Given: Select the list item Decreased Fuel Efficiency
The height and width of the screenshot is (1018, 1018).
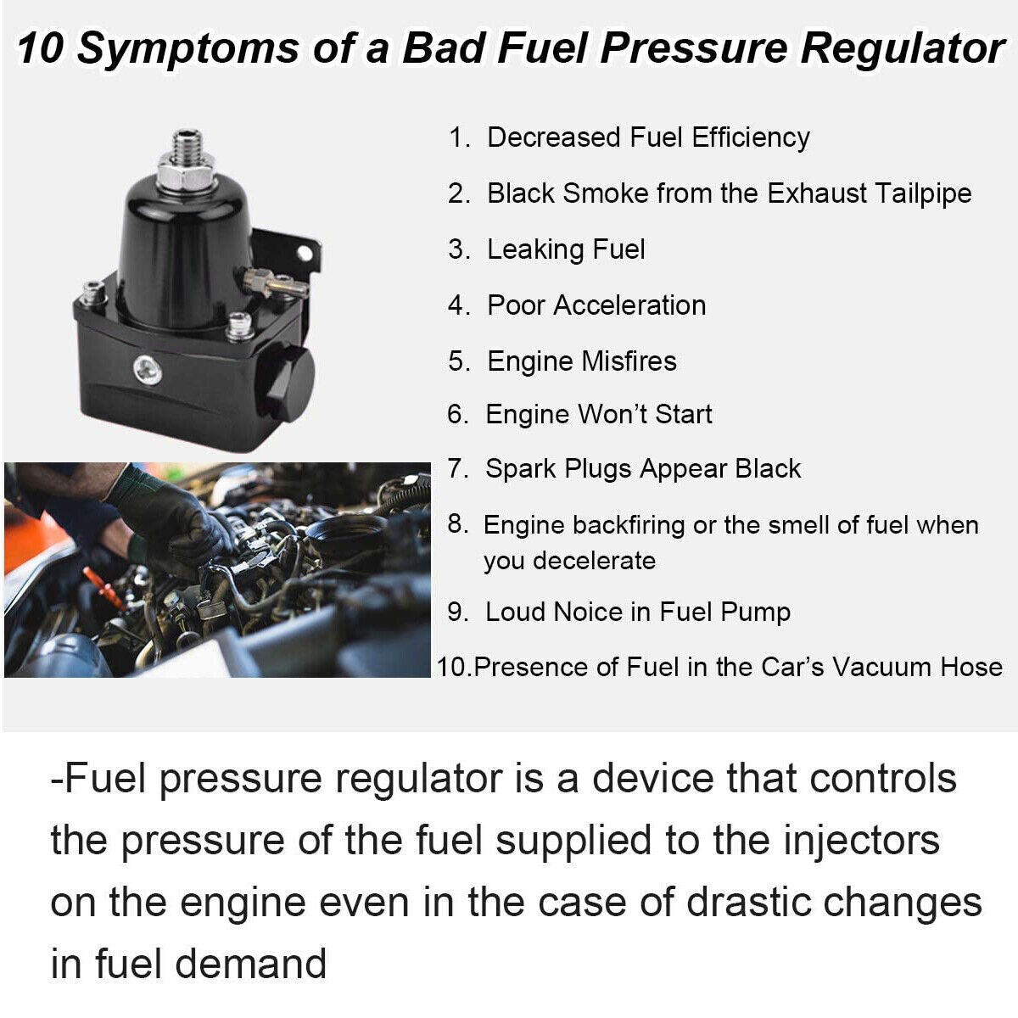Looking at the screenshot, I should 647,137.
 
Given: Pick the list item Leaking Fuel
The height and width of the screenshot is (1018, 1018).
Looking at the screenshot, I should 566,249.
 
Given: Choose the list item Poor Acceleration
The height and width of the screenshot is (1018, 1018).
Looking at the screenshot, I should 596,305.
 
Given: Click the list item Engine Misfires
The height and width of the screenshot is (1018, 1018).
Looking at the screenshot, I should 581,361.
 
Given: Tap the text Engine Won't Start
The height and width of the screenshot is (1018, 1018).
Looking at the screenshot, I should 598,414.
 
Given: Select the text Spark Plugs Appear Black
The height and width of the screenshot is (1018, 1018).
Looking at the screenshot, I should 642,468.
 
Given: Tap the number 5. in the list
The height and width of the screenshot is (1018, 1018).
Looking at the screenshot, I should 459,361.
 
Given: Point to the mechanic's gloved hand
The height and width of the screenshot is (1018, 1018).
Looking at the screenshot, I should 174,522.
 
